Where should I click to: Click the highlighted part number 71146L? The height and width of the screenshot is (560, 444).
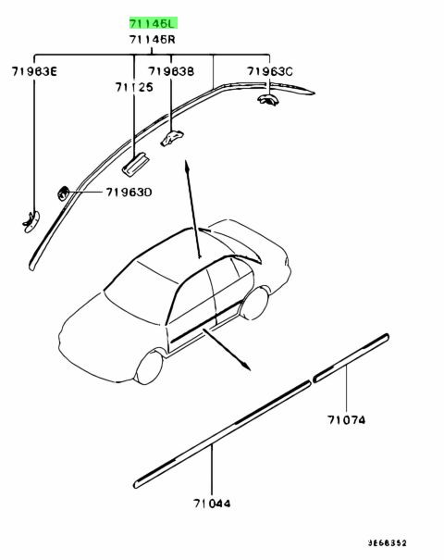click(x=153, y=24)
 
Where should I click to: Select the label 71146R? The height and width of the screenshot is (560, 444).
click(x=153, y=39)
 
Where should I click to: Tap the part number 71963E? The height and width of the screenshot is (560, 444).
click(x=34, y=72)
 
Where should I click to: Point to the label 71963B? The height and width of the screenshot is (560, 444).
click(x=171, y=72)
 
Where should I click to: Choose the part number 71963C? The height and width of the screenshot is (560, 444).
click(x=270, y=72)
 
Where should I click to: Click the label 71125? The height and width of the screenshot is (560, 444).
click(x=134, y=87)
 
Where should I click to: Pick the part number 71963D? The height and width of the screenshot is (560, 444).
click(x=129, y=193)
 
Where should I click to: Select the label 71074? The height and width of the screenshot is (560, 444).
click(x=346, y=419)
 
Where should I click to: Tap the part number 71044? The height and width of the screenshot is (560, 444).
click(x=212, y=504)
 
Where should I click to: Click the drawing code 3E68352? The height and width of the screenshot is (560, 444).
click(x=388, y=543)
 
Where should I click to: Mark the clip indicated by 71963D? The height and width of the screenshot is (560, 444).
click(x=63, y=193)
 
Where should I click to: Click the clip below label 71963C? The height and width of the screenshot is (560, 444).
click(x=267, y=99)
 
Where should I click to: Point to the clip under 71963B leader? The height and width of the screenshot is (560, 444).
click(x=172, y=139)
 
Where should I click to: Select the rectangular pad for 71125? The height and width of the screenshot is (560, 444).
click(x=135, y=165)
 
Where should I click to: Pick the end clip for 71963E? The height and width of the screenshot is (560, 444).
click(x=31, y=222)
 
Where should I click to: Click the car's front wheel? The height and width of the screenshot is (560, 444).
click(x=149, y=367)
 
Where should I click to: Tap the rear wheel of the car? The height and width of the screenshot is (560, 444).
click(x=255, y=304)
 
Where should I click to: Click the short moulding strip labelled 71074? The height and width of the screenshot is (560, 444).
click(x=351, y=358)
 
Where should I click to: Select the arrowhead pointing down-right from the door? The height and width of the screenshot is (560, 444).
click(x=246, y=367)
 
